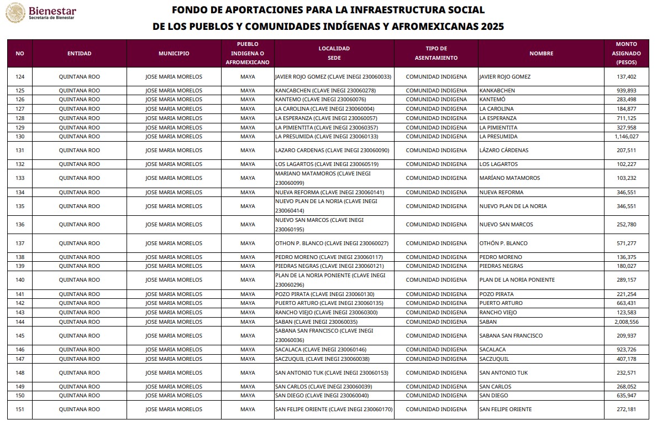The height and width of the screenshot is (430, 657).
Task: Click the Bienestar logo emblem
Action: [15, 13]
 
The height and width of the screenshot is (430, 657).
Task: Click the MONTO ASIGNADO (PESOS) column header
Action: [626, 53]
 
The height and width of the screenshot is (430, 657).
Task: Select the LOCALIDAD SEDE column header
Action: [334, 53]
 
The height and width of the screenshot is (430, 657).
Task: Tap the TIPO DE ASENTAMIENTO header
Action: [436, 53]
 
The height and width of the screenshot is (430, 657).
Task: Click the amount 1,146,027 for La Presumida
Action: [626, 137]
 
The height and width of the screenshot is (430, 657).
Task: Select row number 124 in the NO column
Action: [20, 77]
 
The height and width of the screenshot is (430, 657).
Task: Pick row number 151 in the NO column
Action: [20, 410]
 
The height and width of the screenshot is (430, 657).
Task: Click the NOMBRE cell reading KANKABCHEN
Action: [497, 90]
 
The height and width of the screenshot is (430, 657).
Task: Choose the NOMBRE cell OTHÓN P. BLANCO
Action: [503, 244]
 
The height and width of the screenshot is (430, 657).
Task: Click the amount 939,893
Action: [626, 90]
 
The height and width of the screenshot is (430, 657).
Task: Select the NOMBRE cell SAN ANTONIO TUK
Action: [503, 373]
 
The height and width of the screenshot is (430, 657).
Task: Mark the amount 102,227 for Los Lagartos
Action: [626, 164]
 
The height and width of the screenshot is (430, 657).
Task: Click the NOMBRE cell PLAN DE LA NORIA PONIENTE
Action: [517, 280]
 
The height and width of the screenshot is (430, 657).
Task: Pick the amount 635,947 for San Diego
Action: [626, 396]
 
